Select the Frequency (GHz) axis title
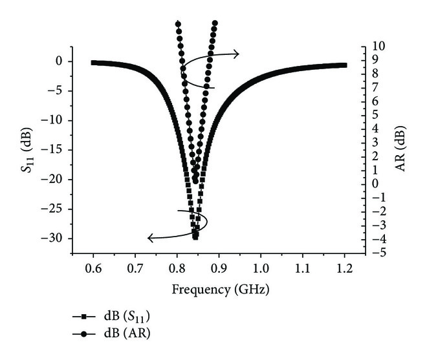[x=220, y=289]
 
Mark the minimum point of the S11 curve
[x=195, y=237]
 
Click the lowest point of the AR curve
[x=195, y=180]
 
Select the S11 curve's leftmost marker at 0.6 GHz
[x=93, y=63]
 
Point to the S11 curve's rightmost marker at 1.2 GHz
[x=344, y=65]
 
